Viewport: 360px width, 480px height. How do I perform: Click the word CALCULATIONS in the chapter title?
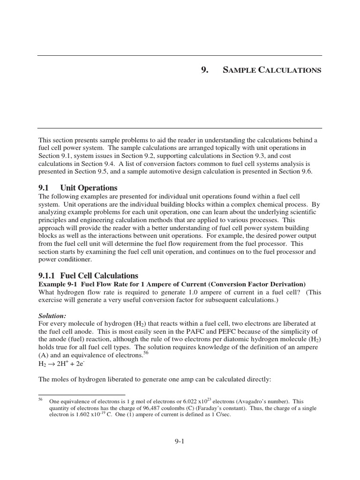click(290, 70)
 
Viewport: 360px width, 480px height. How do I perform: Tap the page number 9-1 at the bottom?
click(180, 441)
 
